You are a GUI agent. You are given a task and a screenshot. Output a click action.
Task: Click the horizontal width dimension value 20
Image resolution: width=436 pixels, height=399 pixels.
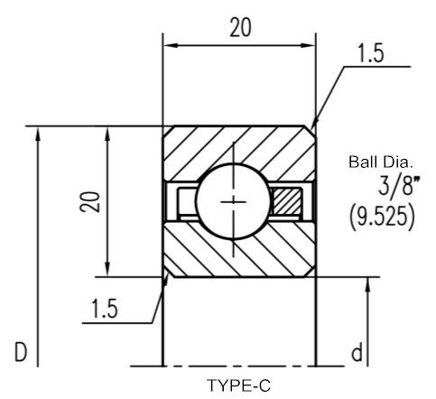coord(240,28)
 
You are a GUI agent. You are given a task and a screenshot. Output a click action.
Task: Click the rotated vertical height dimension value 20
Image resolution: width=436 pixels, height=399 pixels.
coord(89,201)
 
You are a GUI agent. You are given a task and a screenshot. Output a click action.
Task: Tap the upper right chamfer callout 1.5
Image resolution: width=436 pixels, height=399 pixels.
coord(371,53)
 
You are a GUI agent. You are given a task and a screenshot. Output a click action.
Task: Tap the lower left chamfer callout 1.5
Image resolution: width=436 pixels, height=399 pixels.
coord(104,309)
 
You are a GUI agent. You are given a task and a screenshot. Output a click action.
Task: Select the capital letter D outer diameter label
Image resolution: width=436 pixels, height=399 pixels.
coord(21,352)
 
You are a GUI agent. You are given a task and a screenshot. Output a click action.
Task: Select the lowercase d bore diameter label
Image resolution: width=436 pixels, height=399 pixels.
coord(357,353)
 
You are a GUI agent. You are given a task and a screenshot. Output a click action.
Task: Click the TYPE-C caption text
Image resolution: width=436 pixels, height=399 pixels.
coord(238,385)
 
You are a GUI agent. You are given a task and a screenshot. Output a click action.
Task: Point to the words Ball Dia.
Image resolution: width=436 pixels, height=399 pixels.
coord(380,162)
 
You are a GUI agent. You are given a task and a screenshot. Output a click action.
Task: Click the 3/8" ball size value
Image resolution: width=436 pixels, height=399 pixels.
coord(398,187)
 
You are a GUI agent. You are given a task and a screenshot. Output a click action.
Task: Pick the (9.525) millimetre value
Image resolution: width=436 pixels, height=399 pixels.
coord(382,217)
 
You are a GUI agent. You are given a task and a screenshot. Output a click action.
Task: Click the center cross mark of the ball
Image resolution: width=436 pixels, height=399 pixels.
coord(233,201)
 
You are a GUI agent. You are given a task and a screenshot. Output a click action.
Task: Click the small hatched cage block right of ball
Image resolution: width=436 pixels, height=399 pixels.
coord(287,201)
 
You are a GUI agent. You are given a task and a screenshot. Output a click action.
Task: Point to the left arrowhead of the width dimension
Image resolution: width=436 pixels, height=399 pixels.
coord(170,46)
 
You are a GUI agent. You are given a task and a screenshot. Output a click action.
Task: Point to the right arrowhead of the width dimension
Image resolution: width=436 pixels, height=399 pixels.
coord(309,46)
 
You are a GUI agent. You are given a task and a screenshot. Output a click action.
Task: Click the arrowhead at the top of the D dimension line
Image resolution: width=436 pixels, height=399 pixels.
coord(38,134)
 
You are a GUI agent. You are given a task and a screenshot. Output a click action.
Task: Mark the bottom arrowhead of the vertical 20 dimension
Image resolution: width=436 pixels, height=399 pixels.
coord(107,269)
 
